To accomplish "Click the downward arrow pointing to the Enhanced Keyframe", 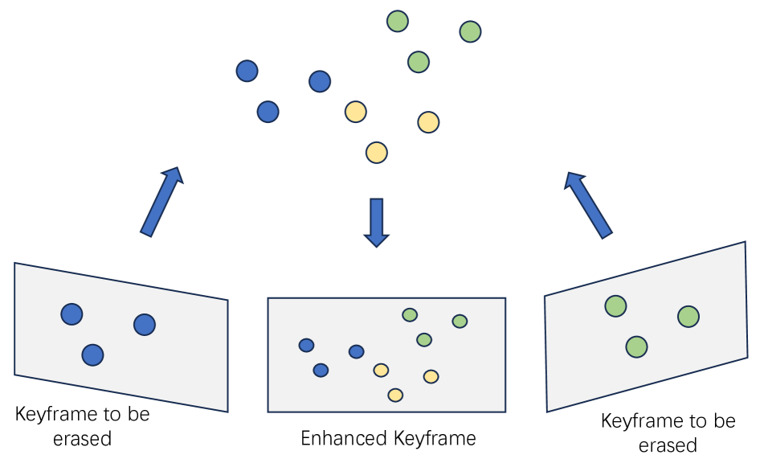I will (376, 222).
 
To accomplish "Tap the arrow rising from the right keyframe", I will (589, 204).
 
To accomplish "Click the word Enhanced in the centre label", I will (343, 439).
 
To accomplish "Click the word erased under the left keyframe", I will (82, 439).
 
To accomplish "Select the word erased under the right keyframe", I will (668, 445).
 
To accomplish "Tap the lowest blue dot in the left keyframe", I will (92, 354).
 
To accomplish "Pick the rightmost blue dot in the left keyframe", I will (145, 324).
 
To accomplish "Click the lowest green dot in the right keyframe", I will (636, 346).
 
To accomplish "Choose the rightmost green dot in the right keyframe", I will (688, 317).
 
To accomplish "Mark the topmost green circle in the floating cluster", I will (398, 21).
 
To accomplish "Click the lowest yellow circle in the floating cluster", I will (376, 152).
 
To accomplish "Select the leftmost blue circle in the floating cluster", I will (247, 71).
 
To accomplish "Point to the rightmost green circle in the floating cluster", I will (470, 31).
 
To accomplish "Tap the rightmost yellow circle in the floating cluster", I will (428, 122).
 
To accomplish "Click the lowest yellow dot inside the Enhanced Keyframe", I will (395, 395).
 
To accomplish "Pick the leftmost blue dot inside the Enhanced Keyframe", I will (306, 345).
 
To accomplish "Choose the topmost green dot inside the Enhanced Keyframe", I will (410, 315).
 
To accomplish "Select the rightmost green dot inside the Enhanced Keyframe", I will (460, 322).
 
